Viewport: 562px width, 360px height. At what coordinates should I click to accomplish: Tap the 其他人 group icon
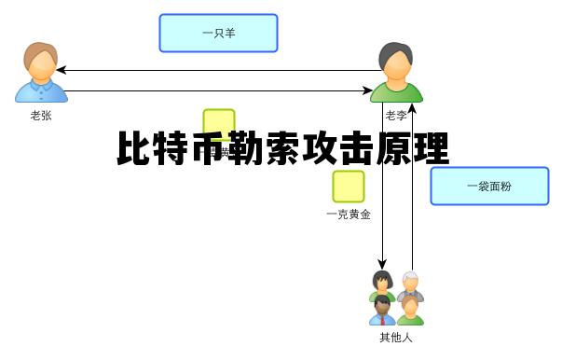396,298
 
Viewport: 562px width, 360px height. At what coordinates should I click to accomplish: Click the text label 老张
41,116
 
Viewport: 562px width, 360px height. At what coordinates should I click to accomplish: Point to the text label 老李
396,116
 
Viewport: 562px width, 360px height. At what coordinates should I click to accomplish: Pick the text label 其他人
396,337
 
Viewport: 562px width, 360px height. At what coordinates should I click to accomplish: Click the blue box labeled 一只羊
218,33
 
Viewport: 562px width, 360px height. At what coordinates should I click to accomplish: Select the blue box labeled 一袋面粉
489,186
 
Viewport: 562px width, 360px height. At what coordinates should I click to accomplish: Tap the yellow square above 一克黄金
349,187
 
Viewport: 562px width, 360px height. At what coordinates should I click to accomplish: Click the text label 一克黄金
349,215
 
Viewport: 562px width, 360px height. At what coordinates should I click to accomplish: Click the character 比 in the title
135,150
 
